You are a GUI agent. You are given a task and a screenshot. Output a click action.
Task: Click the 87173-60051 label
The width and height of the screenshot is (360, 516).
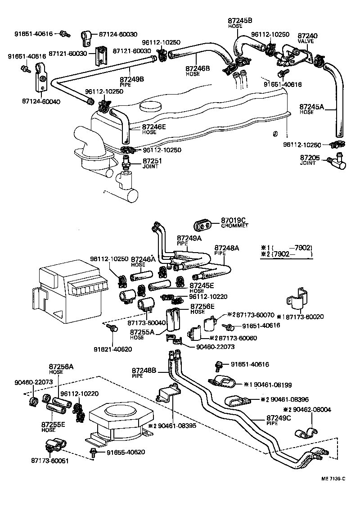(x=50, y=461)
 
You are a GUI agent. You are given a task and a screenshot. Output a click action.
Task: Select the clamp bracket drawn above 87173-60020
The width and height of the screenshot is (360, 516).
(x=296, y=300)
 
